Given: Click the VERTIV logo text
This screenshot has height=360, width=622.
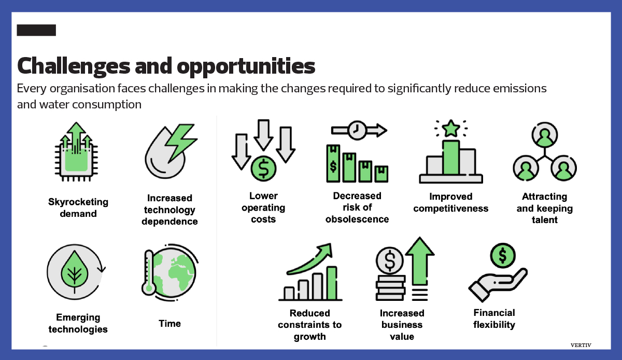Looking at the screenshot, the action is coord(581,345).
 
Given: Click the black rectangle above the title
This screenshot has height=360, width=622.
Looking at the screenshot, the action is coord(36,30).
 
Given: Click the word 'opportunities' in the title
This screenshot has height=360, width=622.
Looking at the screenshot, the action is coord(246,67).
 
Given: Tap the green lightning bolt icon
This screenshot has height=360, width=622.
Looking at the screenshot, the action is coord(181,142).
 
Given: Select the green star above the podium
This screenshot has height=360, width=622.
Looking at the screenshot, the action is coord(450,129).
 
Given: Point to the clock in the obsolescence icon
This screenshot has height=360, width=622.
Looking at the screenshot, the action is coord(357,130).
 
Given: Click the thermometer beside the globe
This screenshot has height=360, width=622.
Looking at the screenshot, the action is coord(149,273).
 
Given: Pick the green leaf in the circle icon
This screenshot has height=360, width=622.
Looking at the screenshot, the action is coord(75,270).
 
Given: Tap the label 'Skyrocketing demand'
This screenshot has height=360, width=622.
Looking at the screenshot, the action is coord(78,207).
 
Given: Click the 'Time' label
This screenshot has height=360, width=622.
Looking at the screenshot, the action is coord(169,324).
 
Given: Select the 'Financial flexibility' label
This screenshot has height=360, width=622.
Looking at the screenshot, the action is coord(494,319).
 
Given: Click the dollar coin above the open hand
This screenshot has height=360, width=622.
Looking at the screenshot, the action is coord(503,255).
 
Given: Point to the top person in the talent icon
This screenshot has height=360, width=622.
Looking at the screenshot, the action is coord(545,135).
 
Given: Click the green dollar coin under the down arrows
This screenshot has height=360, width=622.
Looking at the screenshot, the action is coord(263,169).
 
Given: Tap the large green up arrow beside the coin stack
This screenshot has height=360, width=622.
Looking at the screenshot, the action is coord(419,261).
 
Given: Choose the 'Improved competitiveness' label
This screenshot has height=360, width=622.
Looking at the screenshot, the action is coord(450,202).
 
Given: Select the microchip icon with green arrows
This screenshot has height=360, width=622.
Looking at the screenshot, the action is coord(76,152).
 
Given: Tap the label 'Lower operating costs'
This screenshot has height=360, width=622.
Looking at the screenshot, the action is coord(263,207).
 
